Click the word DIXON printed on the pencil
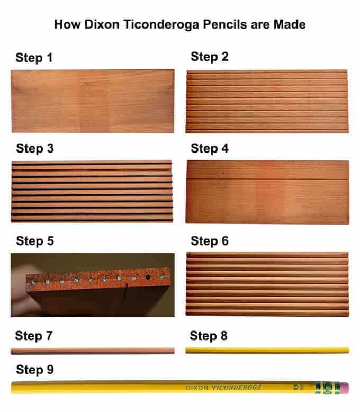(x=197, y=388)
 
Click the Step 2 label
(x=210, y=57)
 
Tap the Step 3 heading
(x=35, y=148)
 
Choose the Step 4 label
(x=210, y=148)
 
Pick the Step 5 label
(x=35, y=241)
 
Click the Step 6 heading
(x=210, y=241)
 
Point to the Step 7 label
(x=34, y=336)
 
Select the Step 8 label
(x=209, y=336)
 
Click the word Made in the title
(x=291, y=24)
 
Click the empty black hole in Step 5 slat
(x=148, y=277)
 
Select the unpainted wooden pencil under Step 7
(x=92, y=351)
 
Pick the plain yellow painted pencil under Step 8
(x=267, y=350)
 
